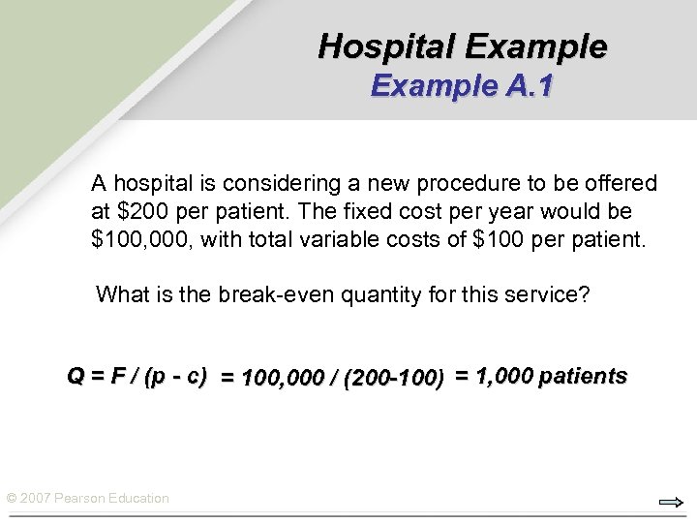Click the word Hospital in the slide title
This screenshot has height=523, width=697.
tap(386, 46)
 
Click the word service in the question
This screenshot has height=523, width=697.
tap(543, 294)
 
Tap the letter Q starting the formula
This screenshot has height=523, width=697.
tap(75, 376)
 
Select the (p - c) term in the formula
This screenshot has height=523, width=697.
tap(174, 376)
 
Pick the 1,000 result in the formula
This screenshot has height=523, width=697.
tap(503, 376)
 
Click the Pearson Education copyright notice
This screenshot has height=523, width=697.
tap(87, 498)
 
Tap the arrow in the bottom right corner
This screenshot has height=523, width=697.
tap(670, 502)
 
